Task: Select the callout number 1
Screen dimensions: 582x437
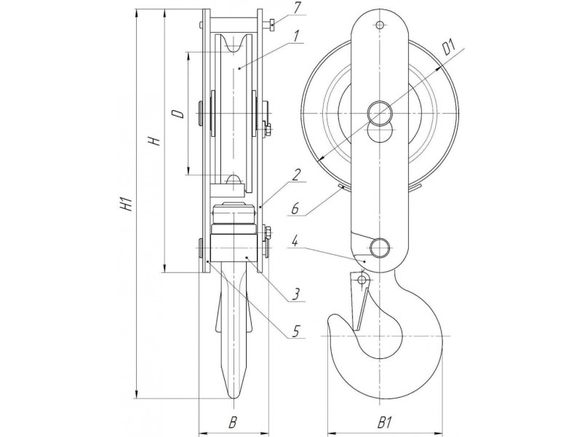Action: pos(295,37)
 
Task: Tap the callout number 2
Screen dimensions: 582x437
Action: pos(295,176)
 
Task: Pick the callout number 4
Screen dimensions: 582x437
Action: pos(295,331)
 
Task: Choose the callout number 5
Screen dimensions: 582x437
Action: pos(295,209)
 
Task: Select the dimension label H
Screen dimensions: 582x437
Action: pos(155,141)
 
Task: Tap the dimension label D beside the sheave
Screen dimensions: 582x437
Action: pos(179,114)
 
